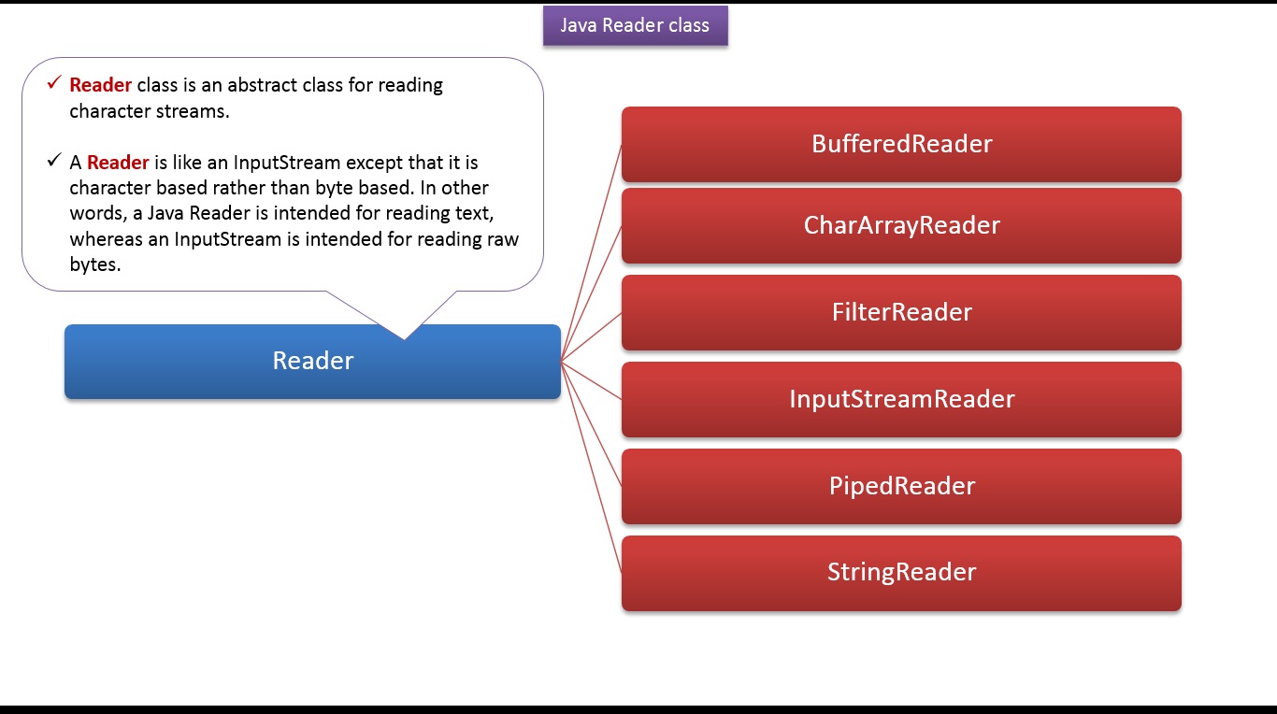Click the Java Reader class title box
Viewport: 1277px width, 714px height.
coord(635,26)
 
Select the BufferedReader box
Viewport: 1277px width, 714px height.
coord(901,144)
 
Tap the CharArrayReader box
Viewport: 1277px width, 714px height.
coord(901,225)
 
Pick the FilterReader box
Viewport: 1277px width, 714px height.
coord(901,312)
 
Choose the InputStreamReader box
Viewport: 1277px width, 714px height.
coord(901,399)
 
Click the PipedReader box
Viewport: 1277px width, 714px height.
coord(901,486)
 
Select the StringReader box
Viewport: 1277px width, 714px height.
coord(901,572)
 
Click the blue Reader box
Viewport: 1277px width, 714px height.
coord(312,361)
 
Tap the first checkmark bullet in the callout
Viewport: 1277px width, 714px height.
coord(54,84)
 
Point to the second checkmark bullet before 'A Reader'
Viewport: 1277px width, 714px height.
coord(54,162)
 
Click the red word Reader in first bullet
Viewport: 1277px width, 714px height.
coord(100,85)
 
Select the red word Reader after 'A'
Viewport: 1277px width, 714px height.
coord(118,163)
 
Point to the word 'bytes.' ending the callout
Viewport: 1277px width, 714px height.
coord(95,264)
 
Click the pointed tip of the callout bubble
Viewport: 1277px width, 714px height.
coord(404,336)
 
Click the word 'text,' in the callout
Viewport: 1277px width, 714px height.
coord(474,213)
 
